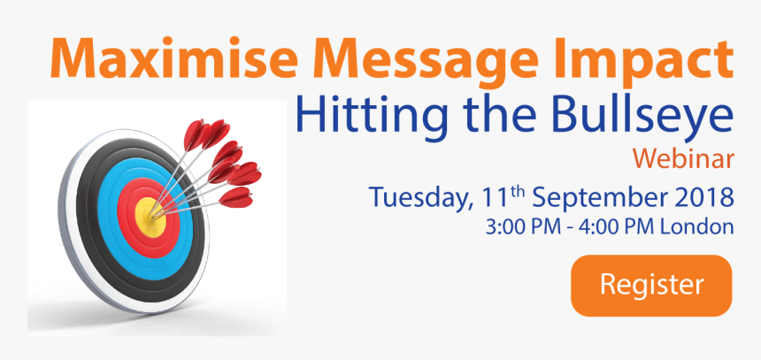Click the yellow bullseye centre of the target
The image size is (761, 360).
click(x=150, y=218)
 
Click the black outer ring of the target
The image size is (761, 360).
click(x=88, y=218)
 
